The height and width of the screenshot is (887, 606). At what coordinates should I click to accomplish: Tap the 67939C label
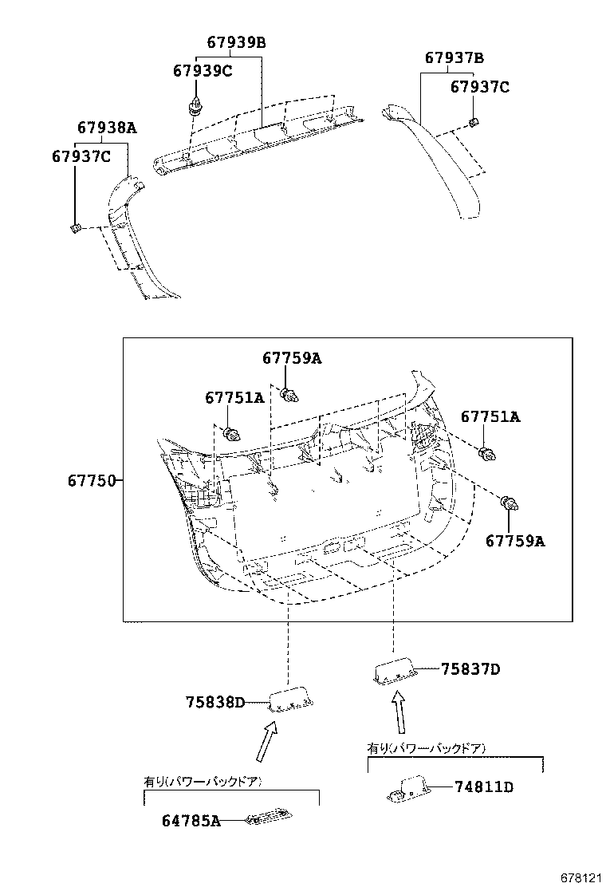pyautogui.click(x=203, y=71)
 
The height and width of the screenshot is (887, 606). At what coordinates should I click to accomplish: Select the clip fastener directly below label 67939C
pyautogui.click(x=194, y=105)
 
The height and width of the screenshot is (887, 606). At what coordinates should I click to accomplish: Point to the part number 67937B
pyautogui.click(x=454, y=58)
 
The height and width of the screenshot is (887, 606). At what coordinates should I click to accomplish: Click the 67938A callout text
pyautogui.click(x=107, y=128)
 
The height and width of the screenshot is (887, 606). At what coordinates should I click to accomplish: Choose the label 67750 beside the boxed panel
pyautogui.click(x=92, y=481)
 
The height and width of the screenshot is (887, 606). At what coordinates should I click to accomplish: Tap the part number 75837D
pyautogui.click(x=470, y=669)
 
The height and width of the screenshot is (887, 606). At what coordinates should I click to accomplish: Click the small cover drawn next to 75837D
pyautogui.click(x=394, y=671)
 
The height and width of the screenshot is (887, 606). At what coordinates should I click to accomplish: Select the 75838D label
pyautogui.click(x=214, y=702)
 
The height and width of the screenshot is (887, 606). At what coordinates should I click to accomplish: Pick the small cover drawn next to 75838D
pyautogui.click(x=290, y=700)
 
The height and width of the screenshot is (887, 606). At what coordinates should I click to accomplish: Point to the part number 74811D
pyautogui.click(x=483, y=787)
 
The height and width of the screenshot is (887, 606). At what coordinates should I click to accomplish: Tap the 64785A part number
pyautogui.click(x=192, y=820)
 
